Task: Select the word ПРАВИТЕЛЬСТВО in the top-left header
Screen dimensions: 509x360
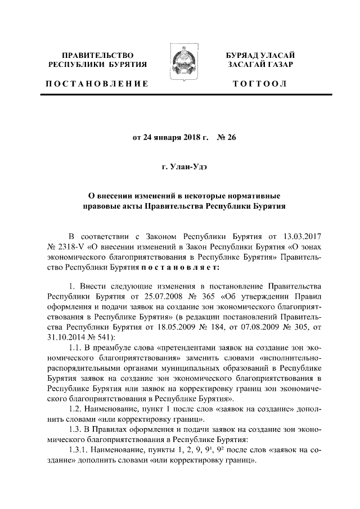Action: [x=97, y=55]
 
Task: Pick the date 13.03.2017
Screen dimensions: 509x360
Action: [x=300, y=234]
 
